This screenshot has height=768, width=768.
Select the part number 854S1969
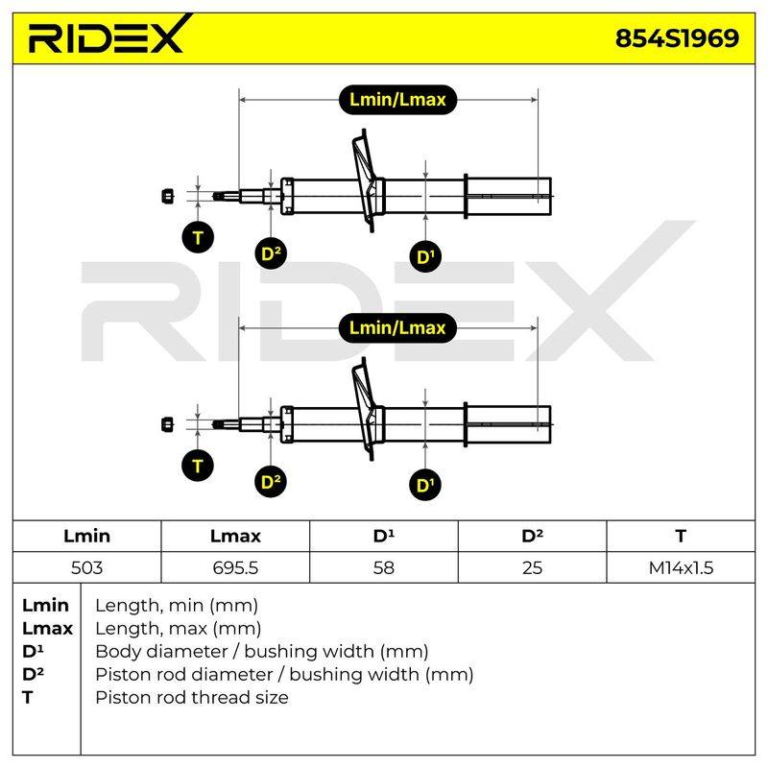pos(677,38)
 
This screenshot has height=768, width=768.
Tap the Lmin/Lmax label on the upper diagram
pos(397,100)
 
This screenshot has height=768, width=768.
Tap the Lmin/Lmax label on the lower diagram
pos(397,327)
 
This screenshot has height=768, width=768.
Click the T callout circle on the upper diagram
pos(198,237)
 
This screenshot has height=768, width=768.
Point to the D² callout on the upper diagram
pos(271,253)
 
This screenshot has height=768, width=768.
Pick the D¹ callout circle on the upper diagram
pos(425,256)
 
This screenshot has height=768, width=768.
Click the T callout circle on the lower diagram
pos(198,466)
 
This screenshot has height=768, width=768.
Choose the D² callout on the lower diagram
pos(271,482)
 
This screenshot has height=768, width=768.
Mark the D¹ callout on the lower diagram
pos(425,485)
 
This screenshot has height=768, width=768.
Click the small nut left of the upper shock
pos(167,196)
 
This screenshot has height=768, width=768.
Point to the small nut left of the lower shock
pos(167,424)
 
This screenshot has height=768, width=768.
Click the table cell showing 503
pos(86,567)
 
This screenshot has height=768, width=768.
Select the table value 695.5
pos(235,567)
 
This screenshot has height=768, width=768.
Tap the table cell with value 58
pos(383,567)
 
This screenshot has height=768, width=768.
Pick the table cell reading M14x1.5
pos(681,567)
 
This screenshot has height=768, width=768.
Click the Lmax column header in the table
pos(235,536)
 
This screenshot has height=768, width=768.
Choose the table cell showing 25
pos(532,567)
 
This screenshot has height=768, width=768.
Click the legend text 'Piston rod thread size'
pos(192,698)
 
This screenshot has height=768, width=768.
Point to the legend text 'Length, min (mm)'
pos(177,606)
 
